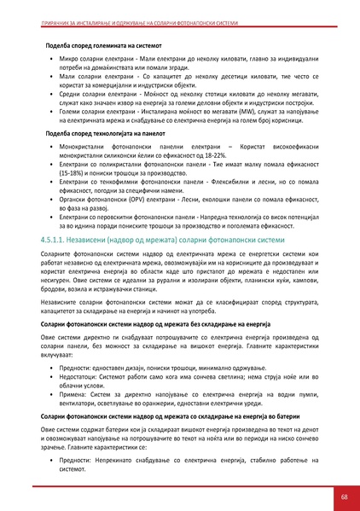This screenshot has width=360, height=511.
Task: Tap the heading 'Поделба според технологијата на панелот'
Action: pos(112,134)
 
